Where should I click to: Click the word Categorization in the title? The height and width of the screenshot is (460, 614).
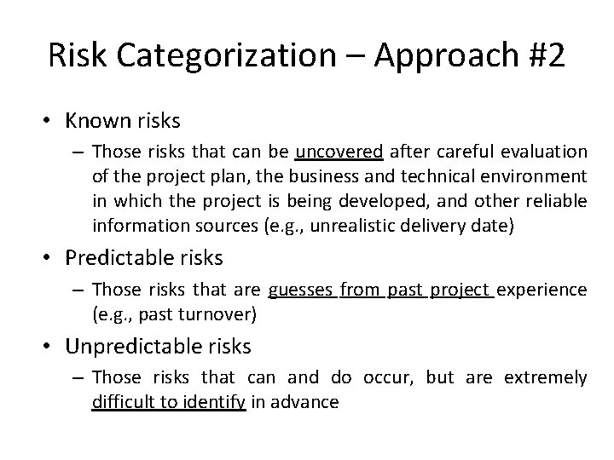pos(222,55)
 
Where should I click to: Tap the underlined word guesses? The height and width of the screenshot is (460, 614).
pos(301,290)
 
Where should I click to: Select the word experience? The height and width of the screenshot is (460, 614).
pos(542,290)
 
